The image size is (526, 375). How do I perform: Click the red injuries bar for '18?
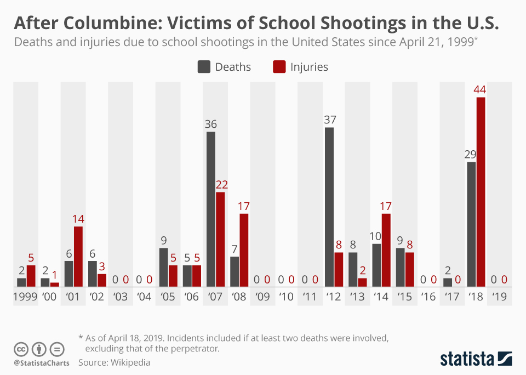click(x=481, y=192)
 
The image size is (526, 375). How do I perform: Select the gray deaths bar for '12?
click(x=329, y=207)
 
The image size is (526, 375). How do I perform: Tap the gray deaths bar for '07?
click(x=211, y=209)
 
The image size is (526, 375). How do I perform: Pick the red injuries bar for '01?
click(x=78, y=257)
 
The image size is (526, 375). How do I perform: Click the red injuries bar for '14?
click(x=386, y=250)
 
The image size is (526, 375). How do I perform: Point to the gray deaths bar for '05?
click(x=163, y=267)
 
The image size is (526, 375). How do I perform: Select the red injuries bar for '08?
click(x=244, y=250)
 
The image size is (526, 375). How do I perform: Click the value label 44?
click(x=481, y=89)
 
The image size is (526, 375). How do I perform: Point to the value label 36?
click(x=211, y=124)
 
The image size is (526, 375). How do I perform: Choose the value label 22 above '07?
click(x=220, y=184)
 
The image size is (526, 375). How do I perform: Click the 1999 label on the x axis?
click(x=26, y=297)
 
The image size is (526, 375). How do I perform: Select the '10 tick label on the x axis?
click(x=287, y=297)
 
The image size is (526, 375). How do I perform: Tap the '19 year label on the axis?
click(x=499, y=297)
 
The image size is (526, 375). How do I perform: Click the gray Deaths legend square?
click(x=204, y=67)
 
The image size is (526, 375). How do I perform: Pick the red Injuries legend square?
click(x=279, y=67)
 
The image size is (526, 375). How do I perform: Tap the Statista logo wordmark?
click(x=467, y=359)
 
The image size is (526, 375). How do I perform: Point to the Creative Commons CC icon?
click(x=21, y=349)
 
